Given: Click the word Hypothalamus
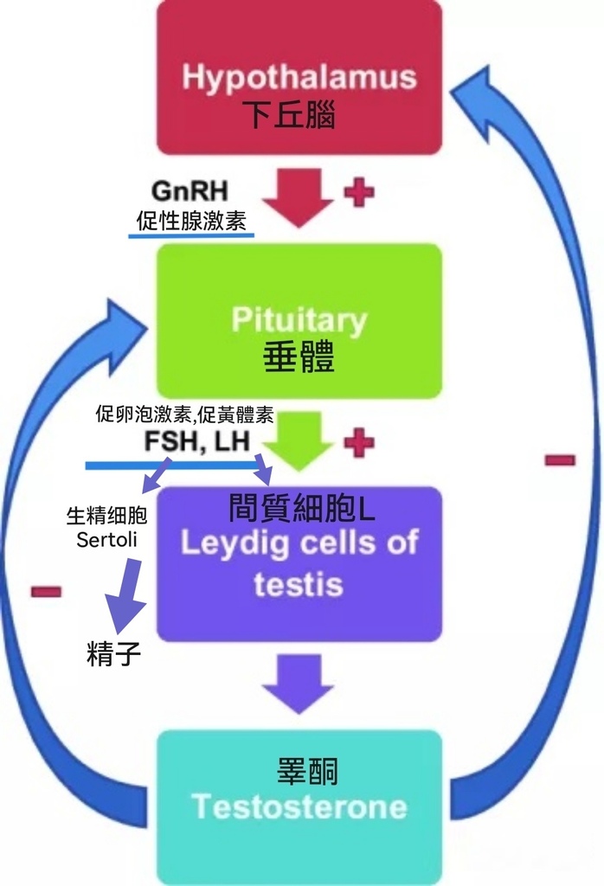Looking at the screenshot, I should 299,77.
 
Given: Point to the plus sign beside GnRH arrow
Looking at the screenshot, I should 359,191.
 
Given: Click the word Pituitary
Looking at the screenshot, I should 299,320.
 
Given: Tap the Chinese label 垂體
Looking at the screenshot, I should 298,358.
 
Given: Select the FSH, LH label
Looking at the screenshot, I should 197,442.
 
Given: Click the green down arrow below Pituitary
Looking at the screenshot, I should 298,440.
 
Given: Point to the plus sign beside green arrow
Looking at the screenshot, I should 359,442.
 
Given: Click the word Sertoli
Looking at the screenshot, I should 107,540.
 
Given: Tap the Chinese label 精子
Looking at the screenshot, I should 113,654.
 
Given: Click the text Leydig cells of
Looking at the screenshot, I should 299,543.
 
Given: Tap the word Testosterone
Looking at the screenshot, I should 299,806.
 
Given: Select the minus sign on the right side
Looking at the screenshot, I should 560,459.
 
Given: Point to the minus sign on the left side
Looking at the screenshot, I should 46,592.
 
